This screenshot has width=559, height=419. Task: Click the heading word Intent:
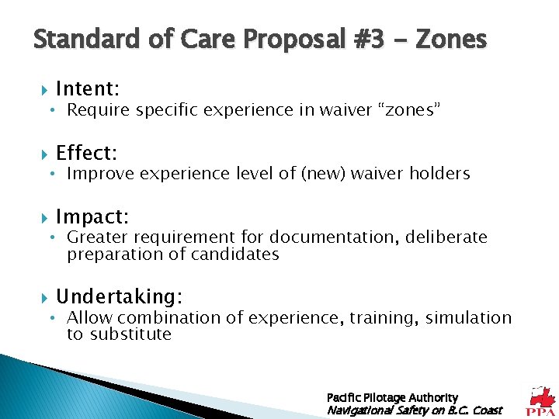click(x=87, y=89)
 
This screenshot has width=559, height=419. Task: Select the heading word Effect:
click(x=86, y=152)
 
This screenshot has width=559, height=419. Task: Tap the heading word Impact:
click(x=92, y=216)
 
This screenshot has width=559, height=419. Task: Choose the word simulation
click(x=469, y=317)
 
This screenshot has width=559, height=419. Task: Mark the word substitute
click(x=130, y=334)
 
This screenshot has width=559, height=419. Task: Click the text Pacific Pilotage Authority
click(x=392, y=397)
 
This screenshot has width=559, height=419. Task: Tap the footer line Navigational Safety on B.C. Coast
click(x=415, y=410)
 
